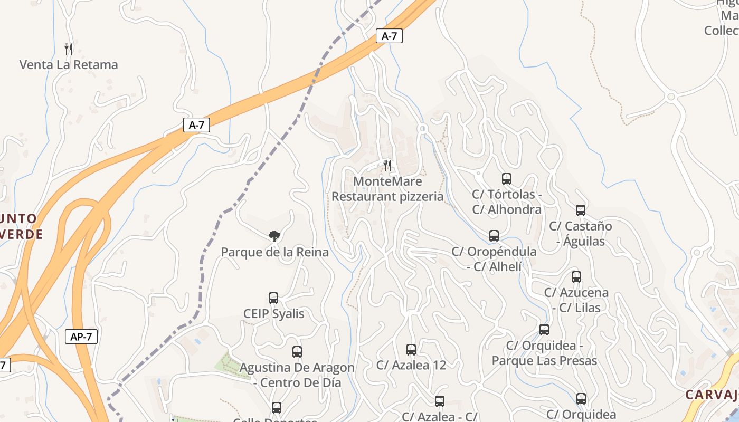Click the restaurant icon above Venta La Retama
click(x=69, y=49)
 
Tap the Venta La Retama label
click(x=69, y=65)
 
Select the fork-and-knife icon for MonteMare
click(x=387, y=166)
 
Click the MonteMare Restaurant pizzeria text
click(x=387, y=189)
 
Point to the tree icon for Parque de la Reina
click(x=274, y=236)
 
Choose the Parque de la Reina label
click(x=274, y=252)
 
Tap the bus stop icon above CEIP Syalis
click(x=273, y=298)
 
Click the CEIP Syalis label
click(x=274, y=314)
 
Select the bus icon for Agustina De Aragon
click(x=297, y=352)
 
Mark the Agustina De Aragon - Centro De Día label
click(x=297, y=375)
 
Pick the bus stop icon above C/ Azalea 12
click(x=411, y=349)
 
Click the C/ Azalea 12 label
click(x=411, y=365)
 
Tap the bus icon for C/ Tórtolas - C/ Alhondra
click(x=507, y=179)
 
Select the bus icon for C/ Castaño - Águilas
click(x=581, y=210)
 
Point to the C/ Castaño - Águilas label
click(x=581, y=234)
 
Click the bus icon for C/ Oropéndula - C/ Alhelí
click(x=494, y=236)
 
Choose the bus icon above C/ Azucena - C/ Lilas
click(x=576, y=277)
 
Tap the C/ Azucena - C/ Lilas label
click(x=576, y=300)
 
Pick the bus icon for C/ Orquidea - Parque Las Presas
click(x=544, y=330)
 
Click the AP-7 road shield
click(x=81, y=337)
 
